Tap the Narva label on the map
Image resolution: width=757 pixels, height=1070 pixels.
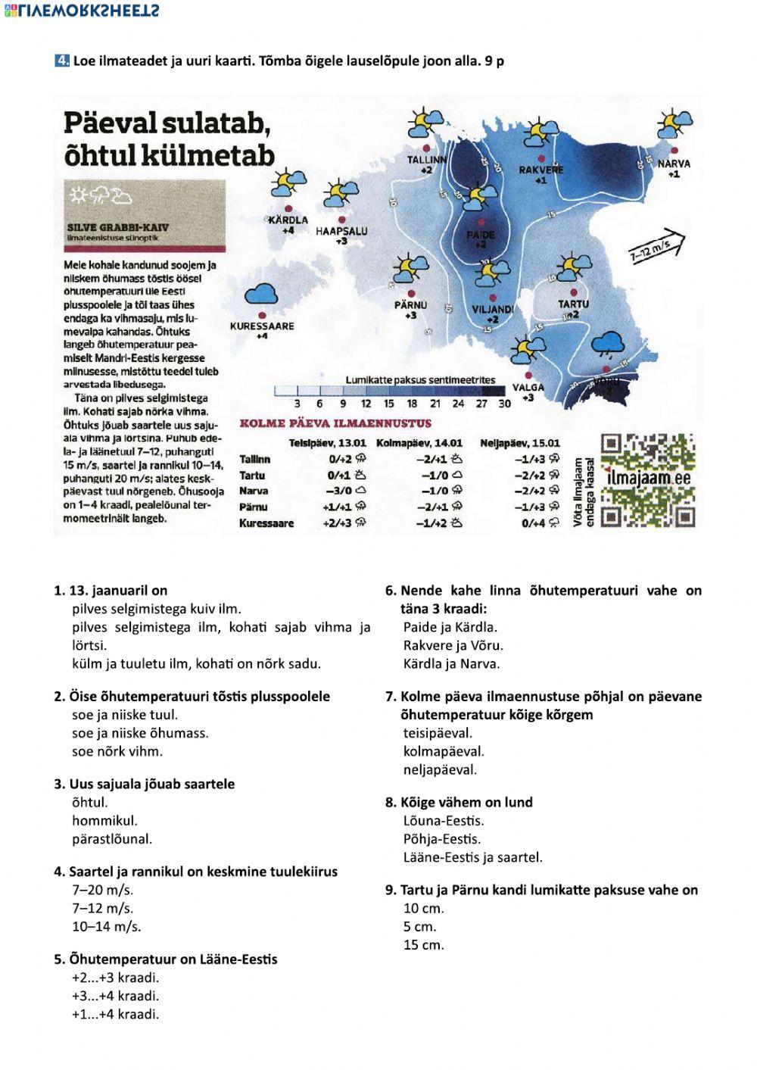coord(673,164)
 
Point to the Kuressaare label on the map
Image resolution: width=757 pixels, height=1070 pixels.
coord(262,326)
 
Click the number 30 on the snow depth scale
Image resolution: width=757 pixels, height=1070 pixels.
coord(505,404)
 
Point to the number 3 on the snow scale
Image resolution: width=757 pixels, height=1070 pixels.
coord(298,404)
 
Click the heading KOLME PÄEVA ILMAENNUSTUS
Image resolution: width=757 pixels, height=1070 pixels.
coord(335,423)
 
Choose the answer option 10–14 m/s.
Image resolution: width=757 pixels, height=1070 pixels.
coord(107,926)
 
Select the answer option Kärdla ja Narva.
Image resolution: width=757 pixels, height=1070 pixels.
coord(451,664)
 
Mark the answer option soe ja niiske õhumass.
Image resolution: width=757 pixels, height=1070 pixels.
coord(140,733)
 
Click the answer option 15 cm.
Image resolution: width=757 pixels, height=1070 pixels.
coord(424,945)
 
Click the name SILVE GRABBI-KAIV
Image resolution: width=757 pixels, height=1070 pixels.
coord(117,227)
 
